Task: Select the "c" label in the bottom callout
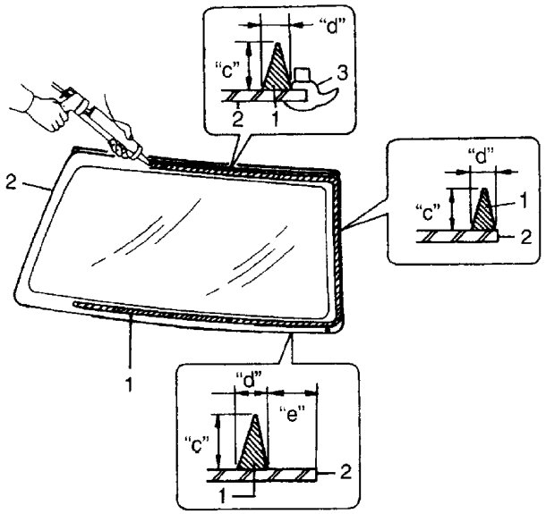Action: coord(202,438)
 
